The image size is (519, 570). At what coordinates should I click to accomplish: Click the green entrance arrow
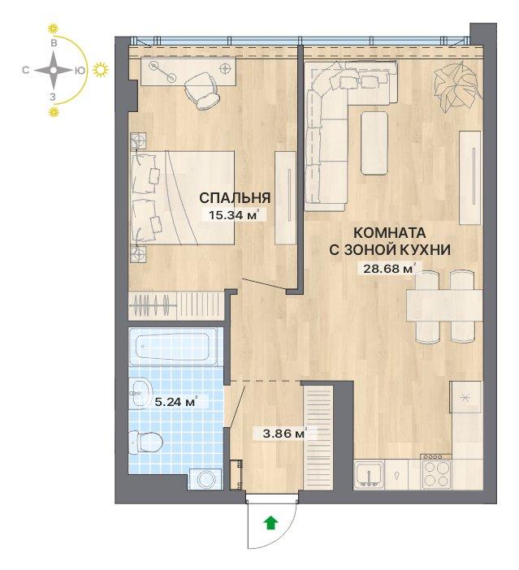[x=271, y=523]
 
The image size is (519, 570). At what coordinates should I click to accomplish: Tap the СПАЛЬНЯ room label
[x=235, y=198]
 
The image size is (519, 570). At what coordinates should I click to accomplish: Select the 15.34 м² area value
[x=234, y=215]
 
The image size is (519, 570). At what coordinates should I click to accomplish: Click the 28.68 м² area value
[x=389, y=269]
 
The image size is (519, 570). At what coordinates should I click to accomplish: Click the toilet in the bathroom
[x=145, y=443]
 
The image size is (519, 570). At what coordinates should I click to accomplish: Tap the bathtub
[x=174, y=346]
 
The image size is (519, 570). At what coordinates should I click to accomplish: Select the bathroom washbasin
[x=142, y=393]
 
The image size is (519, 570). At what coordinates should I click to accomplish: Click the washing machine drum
[x=206, y=479]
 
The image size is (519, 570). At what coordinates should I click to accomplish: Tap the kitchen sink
[x=369, y=474]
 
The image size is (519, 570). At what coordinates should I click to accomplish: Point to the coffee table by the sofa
[x=374, y=143]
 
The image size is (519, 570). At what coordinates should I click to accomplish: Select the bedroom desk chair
[x=202, y=90]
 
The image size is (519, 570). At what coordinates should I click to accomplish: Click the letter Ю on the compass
[x=80, y=71]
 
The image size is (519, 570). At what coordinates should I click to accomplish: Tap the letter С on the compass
[x=25, y=70]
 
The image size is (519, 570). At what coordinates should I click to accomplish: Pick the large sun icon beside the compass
[x=101, y=70]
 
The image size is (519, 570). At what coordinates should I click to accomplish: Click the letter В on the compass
[x=54, y=43]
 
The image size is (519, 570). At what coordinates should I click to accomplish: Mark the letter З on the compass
[x=53, y=97]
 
